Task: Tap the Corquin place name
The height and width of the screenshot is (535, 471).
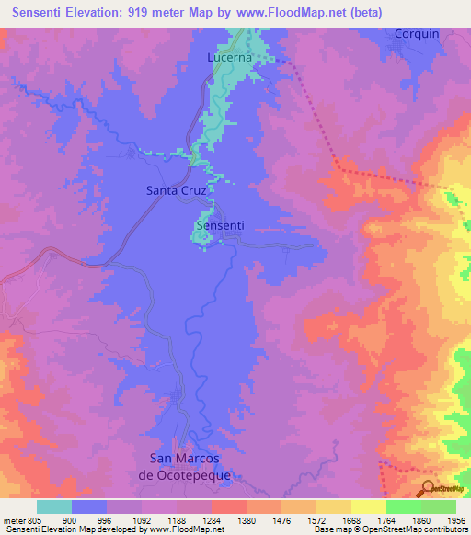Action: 417,33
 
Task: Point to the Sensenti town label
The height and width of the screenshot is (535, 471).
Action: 219,225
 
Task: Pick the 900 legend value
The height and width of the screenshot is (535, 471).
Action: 69,519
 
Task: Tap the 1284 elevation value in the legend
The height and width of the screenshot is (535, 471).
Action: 212,519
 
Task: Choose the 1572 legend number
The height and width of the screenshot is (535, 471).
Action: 316,519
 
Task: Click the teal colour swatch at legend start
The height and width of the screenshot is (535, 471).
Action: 54,507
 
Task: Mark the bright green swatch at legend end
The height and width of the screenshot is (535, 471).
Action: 438,507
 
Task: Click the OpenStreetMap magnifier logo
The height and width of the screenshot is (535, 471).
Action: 429,487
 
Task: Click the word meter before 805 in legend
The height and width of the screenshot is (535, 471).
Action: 15,519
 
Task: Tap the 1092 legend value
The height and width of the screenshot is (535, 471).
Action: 142,519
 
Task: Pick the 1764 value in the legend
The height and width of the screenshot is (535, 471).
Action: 386,519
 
